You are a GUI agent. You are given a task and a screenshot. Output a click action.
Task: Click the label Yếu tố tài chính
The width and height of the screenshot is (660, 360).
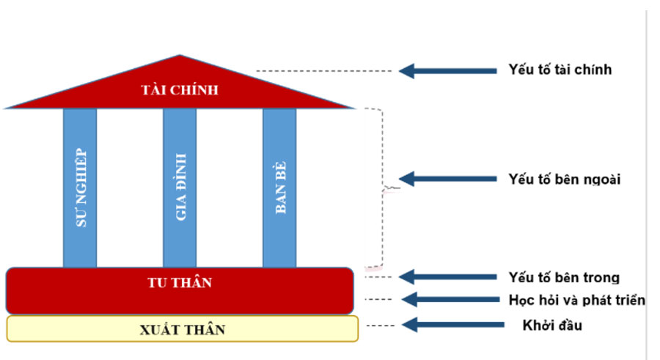pyautogui.click(x=560, y=70)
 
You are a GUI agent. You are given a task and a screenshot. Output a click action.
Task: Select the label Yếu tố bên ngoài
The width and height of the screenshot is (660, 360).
pyautogui.click(x=564, y=178)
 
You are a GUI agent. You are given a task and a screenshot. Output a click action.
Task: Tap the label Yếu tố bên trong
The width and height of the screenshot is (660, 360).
pyautogui.click(x=563, y=277)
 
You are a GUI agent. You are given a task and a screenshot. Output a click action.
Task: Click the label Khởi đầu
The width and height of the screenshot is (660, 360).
pyautogui.click(x=552, y=325)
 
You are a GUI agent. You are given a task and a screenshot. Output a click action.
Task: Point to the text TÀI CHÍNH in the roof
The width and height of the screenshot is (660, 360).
pyautogui.click(x=180, y=90)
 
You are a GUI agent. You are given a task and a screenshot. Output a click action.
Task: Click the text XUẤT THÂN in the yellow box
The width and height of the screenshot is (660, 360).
pyautogui.click(x=183, y=330)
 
